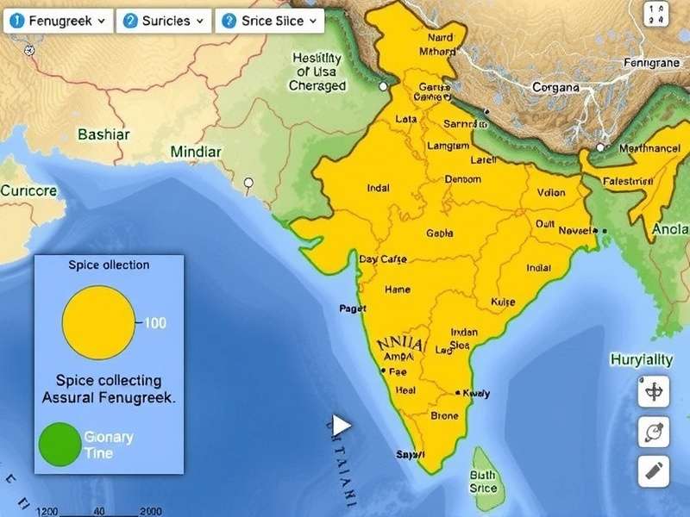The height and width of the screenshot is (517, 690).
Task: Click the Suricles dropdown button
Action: click(x=164, y=20)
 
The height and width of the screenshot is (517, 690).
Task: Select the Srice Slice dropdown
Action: click(x=268, y=20)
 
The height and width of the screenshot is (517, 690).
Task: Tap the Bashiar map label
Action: click(x=103, y=134)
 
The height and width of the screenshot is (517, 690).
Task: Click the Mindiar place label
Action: click(x=196, y=152)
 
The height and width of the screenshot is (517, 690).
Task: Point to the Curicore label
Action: click(x=28, y=190)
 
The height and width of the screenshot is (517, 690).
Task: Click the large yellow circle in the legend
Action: click(x=98, y=323)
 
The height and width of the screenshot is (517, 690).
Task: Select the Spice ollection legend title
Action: click(x=109, y=265)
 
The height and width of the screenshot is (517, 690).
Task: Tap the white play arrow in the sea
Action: click(x=342, y=425)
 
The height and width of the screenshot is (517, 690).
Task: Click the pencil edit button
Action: click(x=654, y=470)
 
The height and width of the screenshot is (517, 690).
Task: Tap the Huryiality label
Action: click(x=641, y=359)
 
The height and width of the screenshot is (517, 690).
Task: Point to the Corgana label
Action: click(x=556, y=87)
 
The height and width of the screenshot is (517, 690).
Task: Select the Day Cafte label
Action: click(x=383, y=259)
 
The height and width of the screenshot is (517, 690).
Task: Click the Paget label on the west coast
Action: click(x=353, y=308)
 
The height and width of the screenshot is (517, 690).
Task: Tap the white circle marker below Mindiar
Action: click(x=249, y=183)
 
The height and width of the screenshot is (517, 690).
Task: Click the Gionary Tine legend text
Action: click(x=109, y=445)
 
